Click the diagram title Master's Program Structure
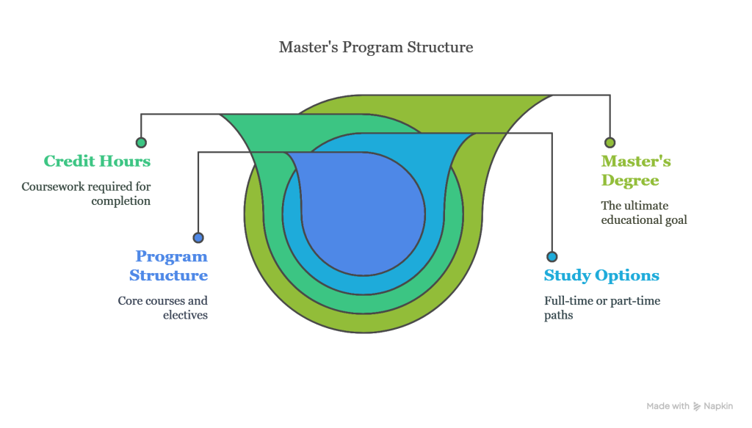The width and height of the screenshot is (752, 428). coord(376,47)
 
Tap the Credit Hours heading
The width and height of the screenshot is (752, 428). coord(97,161)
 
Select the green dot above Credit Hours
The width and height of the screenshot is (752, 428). coord(141,142)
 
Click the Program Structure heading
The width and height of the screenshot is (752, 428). coord(168,266)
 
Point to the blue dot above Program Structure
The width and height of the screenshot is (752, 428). coord(198,237)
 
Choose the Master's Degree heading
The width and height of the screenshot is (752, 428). coord(636,170)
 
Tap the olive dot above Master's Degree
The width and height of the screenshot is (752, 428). coord(610,142)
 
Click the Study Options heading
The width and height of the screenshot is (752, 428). coord(601,275)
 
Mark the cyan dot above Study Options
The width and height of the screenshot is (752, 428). coord(552,256)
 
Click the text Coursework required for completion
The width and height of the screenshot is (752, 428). coord(87,194)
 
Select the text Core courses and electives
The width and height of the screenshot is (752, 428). coord(163,308)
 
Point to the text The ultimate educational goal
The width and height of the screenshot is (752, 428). coord(644,213)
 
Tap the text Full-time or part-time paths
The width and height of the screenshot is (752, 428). coord(602,308)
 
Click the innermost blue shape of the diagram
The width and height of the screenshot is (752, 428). coord(363,214)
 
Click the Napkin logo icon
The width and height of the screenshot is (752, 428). coord(697,407)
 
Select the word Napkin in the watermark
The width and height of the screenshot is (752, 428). coord(718,407)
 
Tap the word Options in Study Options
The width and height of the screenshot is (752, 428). coord(627,275)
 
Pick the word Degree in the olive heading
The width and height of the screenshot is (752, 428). coord(630,181)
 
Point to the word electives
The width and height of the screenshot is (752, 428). coord(185,315)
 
